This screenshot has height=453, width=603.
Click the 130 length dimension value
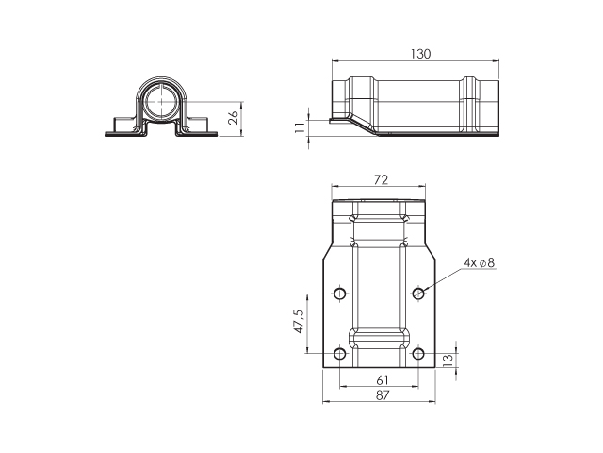tap(421, 54)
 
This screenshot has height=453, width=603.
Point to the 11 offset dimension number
tap(300, 126)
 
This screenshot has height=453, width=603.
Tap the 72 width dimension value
tap(381, 180)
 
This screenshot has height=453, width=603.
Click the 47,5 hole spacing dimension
tap(299, 321)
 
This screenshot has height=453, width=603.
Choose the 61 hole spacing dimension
tap(383, 380)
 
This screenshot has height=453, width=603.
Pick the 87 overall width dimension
tap(383, 395)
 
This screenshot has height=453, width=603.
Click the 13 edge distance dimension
tap(448, 361)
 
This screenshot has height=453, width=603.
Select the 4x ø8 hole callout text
tap(480, 262)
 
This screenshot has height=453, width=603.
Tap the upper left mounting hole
tap(339, 294)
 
